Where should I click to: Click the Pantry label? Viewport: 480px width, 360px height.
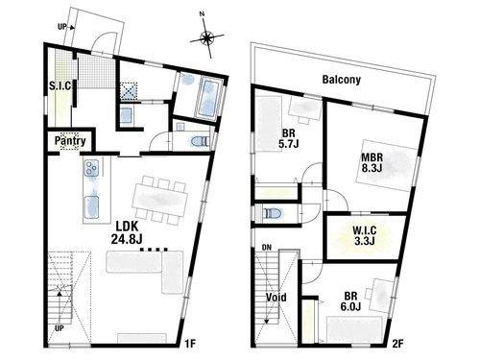coord(70,141)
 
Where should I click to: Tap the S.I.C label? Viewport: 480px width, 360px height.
coord(60,85)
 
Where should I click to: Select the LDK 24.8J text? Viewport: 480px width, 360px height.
coord(127,232)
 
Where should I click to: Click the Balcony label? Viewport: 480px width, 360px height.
coord(342,80)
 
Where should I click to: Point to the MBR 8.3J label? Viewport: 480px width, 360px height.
coord(372,162)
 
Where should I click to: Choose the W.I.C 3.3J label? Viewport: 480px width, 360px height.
coord(365,235)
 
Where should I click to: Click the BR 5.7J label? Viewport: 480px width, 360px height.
coord(289,138)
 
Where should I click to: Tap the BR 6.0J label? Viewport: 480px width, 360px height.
coord(350,301)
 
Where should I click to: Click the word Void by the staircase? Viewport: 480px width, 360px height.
coord(276,298)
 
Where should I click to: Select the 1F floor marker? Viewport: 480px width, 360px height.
coord(190,344)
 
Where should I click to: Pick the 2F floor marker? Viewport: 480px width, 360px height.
coord(398,344)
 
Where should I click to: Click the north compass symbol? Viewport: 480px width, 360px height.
coord(207,37)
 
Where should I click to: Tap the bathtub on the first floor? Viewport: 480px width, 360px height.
coord(209,98)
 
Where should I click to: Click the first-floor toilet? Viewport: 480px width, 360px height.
coord(200,141)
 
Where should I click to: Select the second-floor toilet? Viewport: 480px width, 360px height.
coord(272,212)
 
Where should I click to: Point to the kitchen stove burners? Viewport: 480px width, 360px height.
coord(91,168)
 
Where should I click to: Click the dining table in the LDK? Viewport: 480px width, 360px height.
coord(159,201)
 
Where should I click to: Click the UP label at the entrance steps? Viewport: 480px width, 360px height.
coord(61,27)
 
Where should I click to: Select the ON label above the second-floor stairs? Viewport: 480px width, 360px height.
coord(266,248)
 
